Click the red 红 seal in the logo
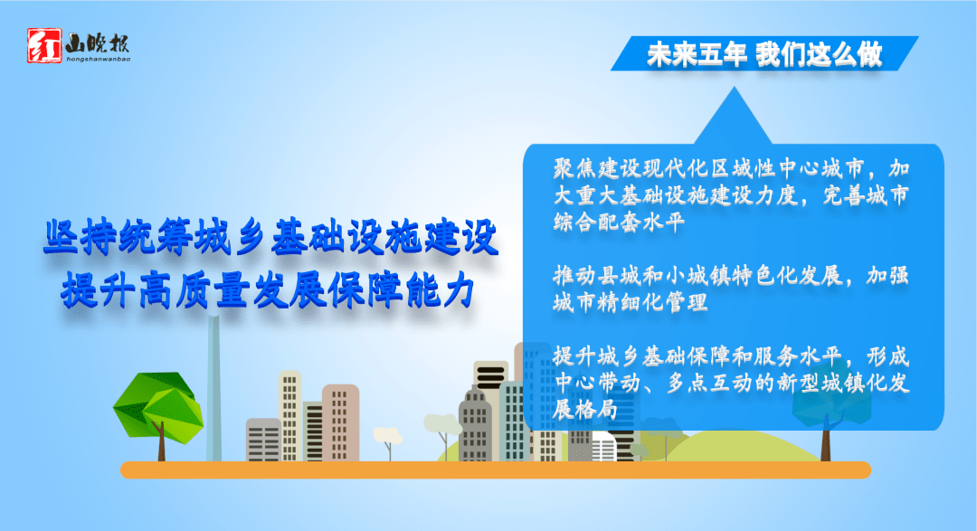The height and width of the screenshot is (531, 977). tap(44, 45)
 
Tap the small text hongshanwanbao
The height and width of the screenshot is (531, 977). tap(99, 59)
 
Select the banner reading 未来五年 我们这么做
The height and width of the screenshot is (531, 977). tap(764, 54)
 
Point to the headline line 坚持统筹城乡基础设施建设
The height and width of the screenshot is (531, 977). tap(271, 237)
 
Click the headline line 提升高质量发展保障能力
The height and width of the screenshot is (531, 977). tap(269, 289)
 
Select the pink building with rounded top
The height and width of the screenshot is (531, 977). tap(340, 423)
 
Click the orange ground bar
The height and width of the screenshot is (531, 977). tap(496, 469)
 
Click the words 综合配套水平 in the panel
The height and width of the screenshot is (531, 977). tap(619, 223)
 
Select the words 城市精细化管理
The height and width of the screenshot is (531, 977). tap(630, 303)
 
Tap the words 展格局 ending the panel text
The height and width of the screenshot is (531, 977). tap(585, 410)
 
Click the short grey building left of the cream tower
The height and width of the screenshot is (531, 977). tap(263, 440)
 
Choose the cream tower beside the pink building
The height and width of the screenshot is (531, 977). tap(289, 416)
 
